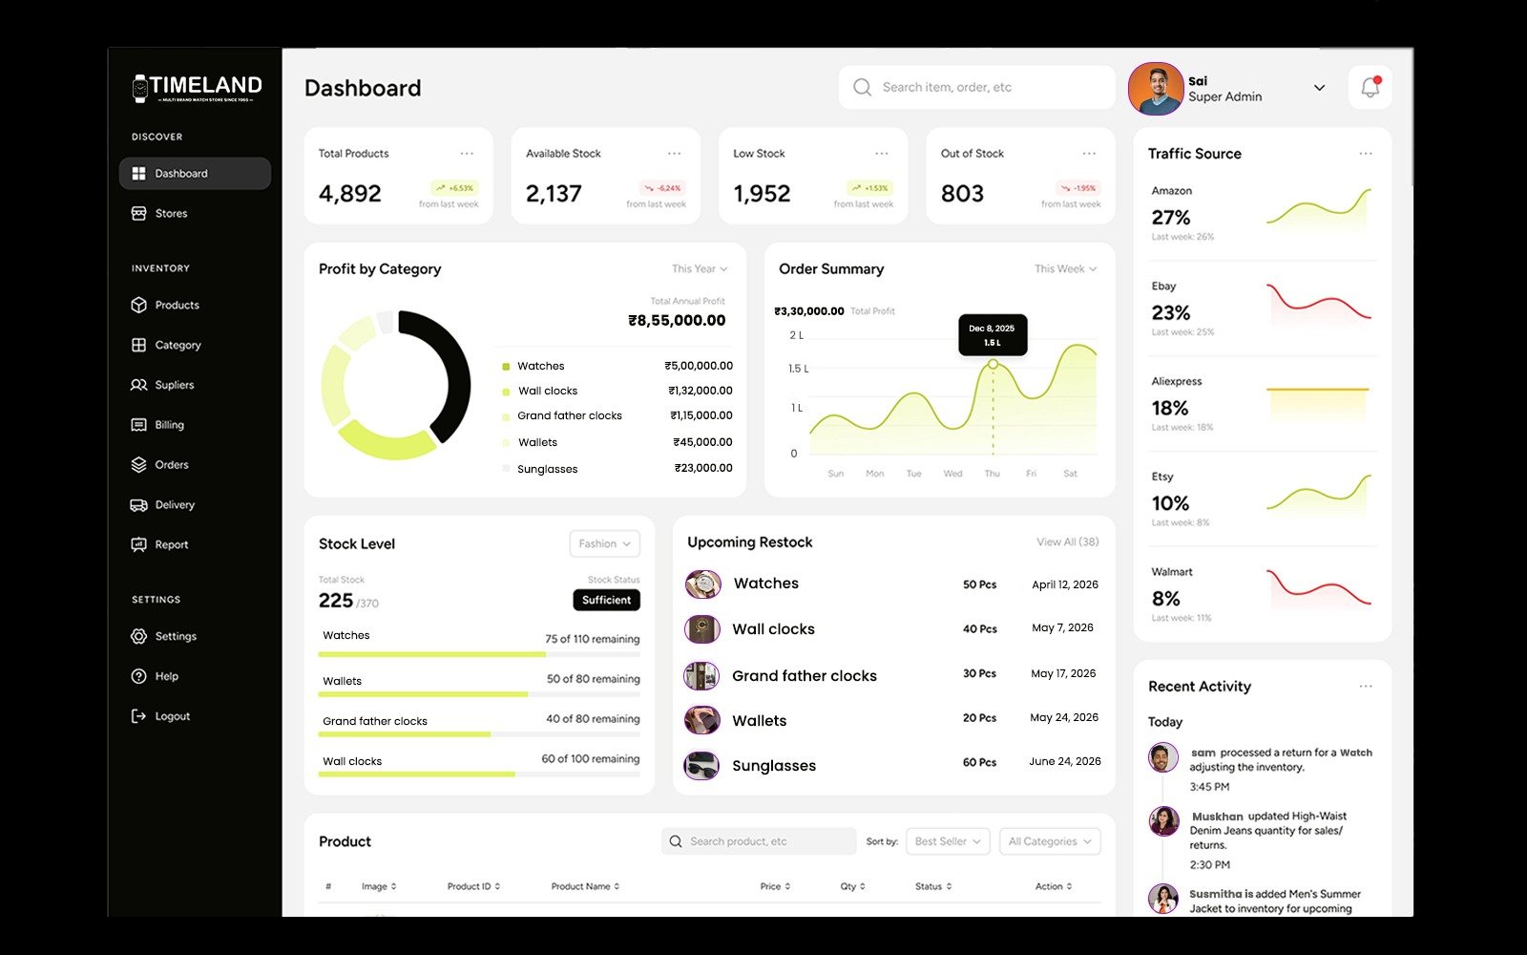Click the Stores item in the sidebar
pyautogui.click(x=171, y=213)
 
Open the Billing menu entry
pyautogui.click(x=169, y=425)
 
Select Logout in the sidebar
pyautogui.click(x=172, y=716)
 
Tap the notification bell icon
pyautogui.click(x=1370, y=87)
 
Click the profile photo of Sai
pyautogui.click(x=1155, y=89)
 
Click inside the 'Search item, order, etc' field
pyautogui.click(x=983, y=87)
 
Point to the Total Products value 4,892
pyautogui.click(x=350, y=194)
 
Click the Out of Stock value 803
pyautogui.click(x=962, y=194)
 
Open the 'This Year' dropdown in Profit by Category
pyautogui.click(x=700, y=269)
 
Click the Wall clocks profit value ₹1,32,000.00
pyautogui.click(x=701, y=391)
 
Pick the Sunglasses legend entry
pyautogui.click(x=547, y=469)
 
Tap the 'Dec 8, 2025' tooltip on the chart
pyautogui.click(x=993, y=335)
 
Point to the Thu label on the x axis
pyautogui.click(x=993, y=474)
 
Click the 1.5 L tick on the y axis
pyautogui.click(x=798, y=369)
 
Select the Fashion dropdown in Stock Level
pyautogui.click(x=604, y=543)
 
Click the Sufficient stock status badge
pyautogui.click(x=606, y=600)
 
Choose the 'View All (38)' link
pyautogui.click(x=1068, y=541)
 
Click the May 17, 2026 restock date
pyautogui.click(x=1063, y=673)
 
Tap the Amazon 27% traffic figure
pyautogui.click(x=1171, y=218)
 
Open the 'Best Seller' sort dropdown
pyautogui.click(x=948, y=841)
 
